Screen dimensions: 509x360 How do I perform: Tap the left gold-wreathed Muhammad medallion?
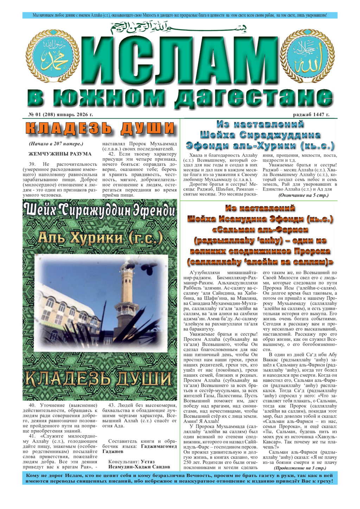point(57,56)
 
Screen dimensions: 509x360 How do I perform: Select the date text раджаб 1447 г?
point(311,115)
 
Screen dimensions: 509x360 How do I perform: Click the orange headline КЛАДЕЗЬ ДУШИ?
point(100,129)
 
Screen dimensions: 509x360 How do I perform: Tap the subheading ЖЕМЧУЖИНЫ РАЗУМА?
point(60,154)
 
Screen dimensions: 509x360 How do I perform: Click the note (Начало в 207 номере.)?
point(56,144)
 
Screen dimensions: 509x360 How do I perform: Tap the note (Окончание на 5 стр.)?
point(303,195)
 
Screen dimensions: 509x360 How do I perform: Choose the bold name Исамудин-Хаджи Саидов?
point(139,467)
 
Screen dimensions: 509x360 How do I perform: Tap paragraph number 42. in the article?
point(112,154)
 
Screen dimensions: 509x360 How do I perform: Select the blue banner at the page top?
point(180,15)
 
